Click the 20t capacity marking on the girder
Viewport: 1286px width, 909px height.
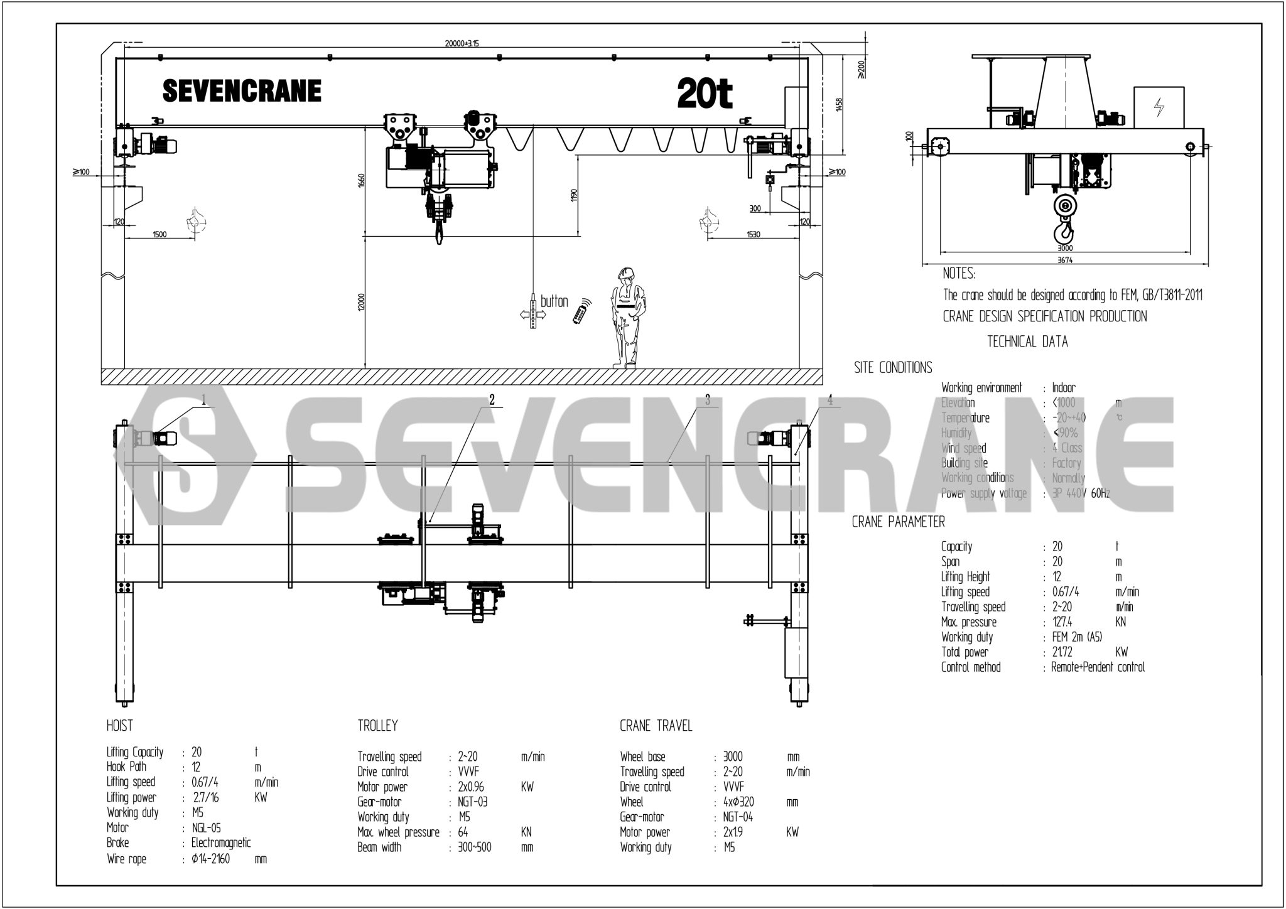click(x=705, y=94)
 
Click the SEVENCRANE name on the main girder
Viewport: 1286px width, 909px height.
click(x=242, y=91)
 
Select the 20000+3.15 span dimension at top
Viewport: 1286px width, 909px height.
click(x=462, y=43)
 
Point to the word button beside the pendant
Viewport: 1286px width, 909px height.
click(x=554, y=301)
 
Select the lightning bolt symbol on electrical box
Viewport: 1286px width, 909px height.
click(x=1159, y=108)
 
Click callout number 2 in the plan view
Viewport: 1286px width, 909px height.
click(x=492, y=399)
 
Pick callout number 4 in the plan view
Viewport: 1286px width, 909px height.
click(x=830, y=399)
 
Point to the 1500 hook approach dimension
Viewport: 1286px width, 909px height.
click(x=159, y=234)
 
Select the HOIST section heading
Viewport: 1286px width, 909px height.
click(x=120, y=726)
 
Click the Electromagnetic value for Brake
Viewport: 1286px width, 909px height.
click(x=221, y=842)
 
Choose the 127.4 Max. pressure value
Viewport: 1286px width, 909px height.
click(x=1064, y=622)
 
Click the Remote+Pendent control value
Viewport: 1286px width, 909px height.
click(x=1098, y=667)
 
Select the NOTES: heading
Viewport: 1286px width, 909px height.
click(x=959, y=274)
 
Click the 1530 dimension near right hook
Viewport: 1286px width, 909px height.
click(x=754, y=234)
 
